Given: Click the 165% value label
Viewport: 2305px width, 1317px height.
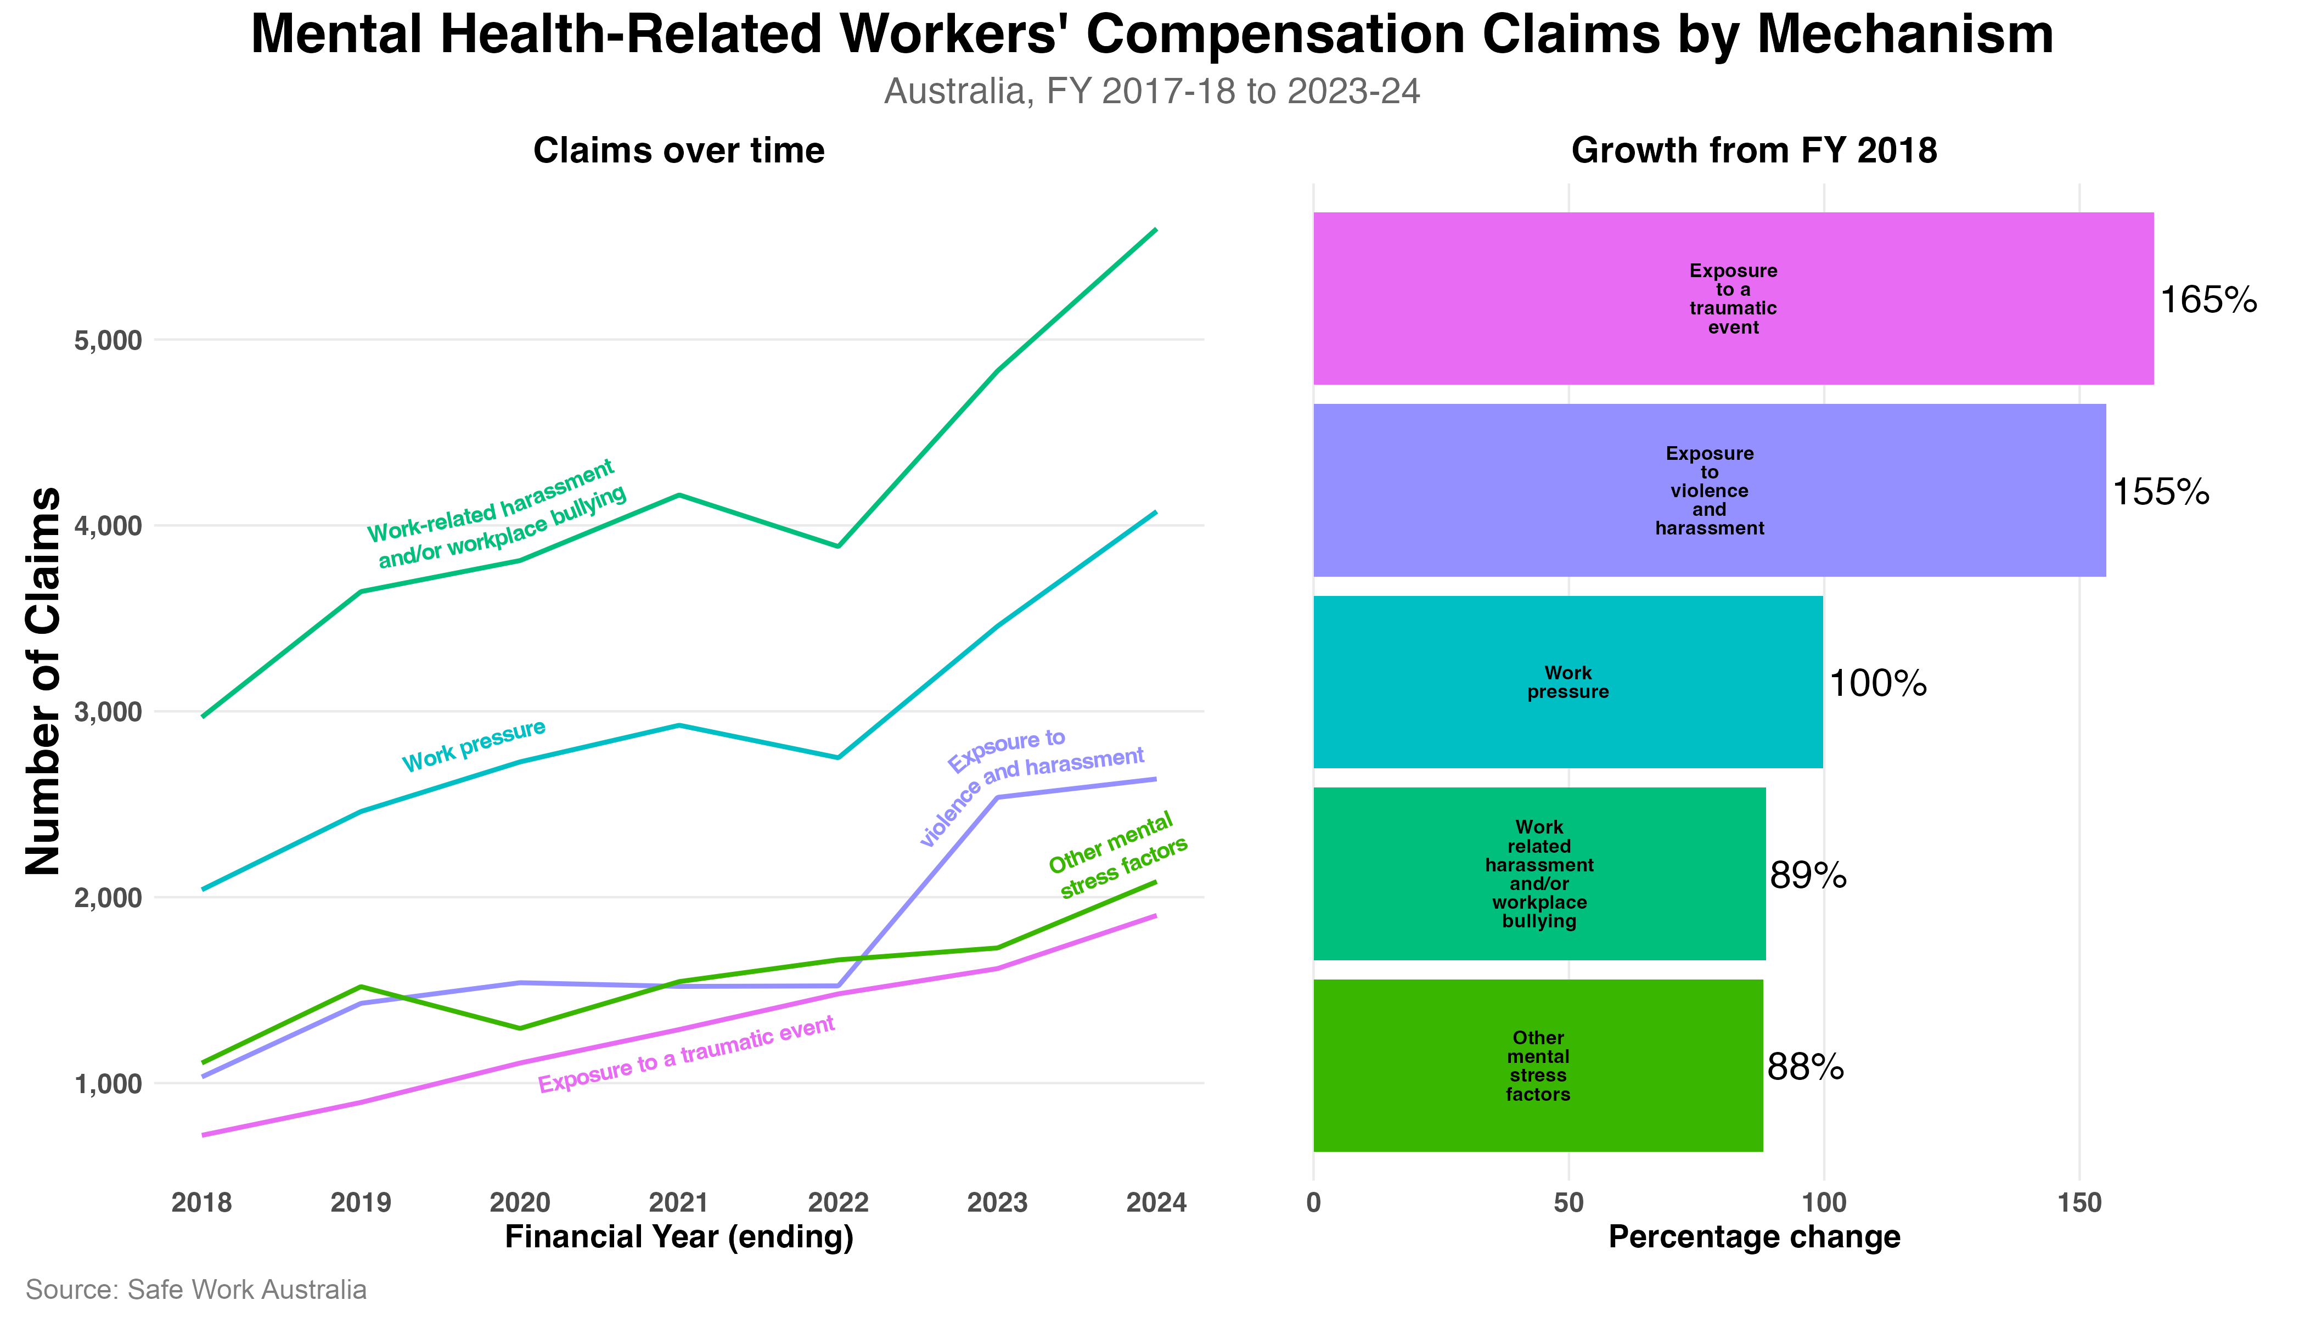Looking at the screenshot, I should pyautogui.click(x=2208, y=300).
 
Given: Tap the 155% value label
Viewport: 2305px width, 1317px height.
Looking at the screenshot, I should pyautogui.click(x=2160, y=492).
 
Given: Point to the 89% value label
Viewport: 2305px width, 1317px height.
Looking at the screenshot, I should pyautogui.click(x=1807, y=876).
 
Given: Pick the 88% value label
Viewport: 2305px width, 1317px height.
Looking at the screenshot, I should pyautogui.click(x=1804, y=1068).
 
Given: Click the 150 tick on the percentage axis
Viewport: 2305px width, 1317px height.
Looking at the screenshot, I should pyautogui.click(x=2079, y=1203).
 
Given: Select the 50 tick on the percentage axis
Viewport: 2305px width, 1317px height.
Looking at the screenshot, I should pyautogui.click(x=1568, y=1203).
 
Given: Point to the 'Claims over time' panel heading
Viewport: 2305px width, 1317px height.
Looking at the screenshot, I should pyautogui.click(x=678, y=151).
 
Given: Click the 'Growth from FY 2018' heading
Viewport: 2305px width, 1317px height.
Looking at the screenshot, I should pyautogui.click(x=1754, y=151).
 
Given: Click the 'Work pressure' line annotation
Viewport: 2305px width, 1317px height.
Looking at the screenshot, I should pyautogui.click(x=474, y=746).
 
